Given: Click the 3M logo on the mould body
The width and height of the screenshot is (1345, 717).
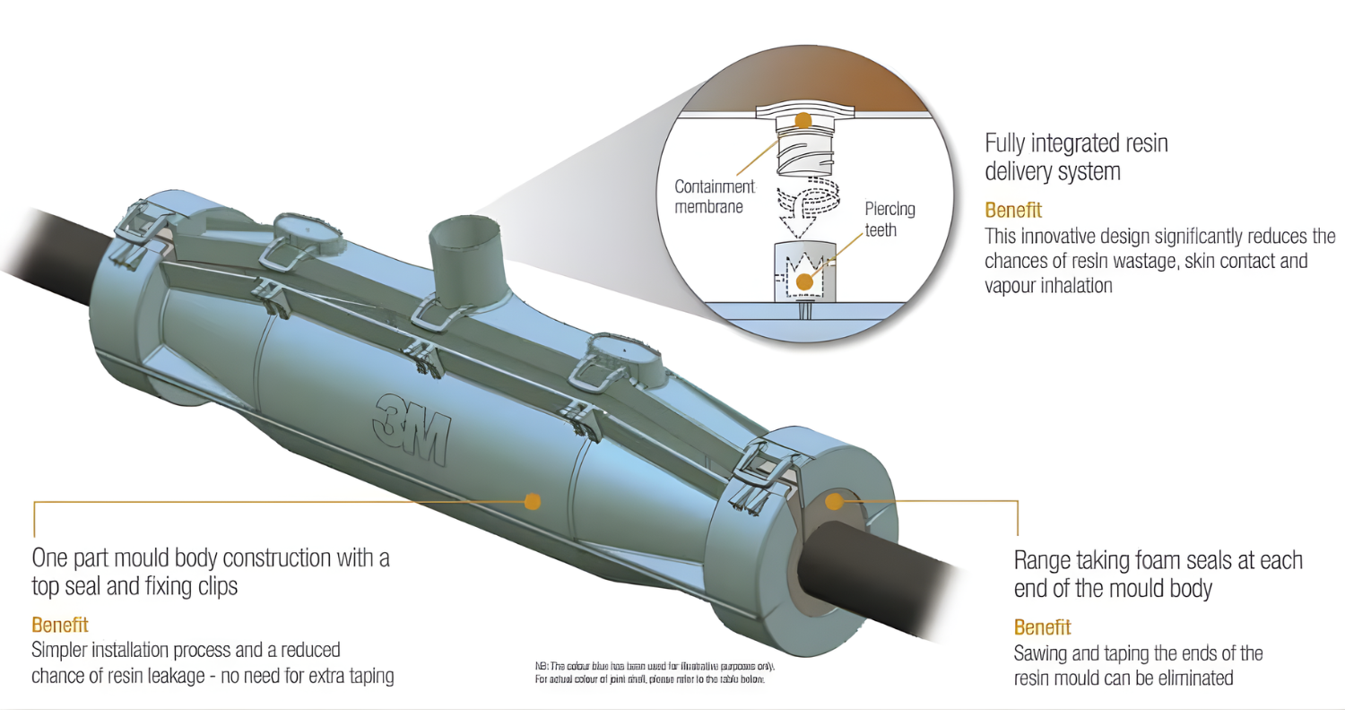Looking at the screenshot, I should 407,428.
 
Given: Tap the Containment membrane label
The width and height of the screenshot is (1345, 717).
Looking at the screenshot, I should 716,197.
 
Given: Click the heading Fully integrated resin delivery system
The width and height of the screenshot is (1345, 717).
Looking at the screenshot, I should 1076,156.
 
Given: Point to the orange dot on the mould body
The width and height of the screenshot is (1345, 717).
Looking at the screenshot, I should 533,501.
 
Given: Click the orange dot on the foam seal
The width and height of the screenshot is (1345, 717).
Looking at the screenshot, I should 835,501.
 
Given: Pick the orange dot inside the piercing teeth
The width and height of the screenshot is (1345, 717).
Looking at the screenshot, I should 804,281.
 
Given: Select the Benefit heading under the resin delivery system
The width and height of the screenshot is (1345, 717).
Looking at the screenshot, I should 1013,211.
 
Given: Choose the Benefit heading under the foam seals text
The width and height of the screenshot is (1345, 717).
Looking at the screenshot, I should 1042,626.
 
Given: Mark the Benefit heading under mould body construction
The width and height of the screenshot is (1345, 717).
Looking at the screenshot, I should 60,624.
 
